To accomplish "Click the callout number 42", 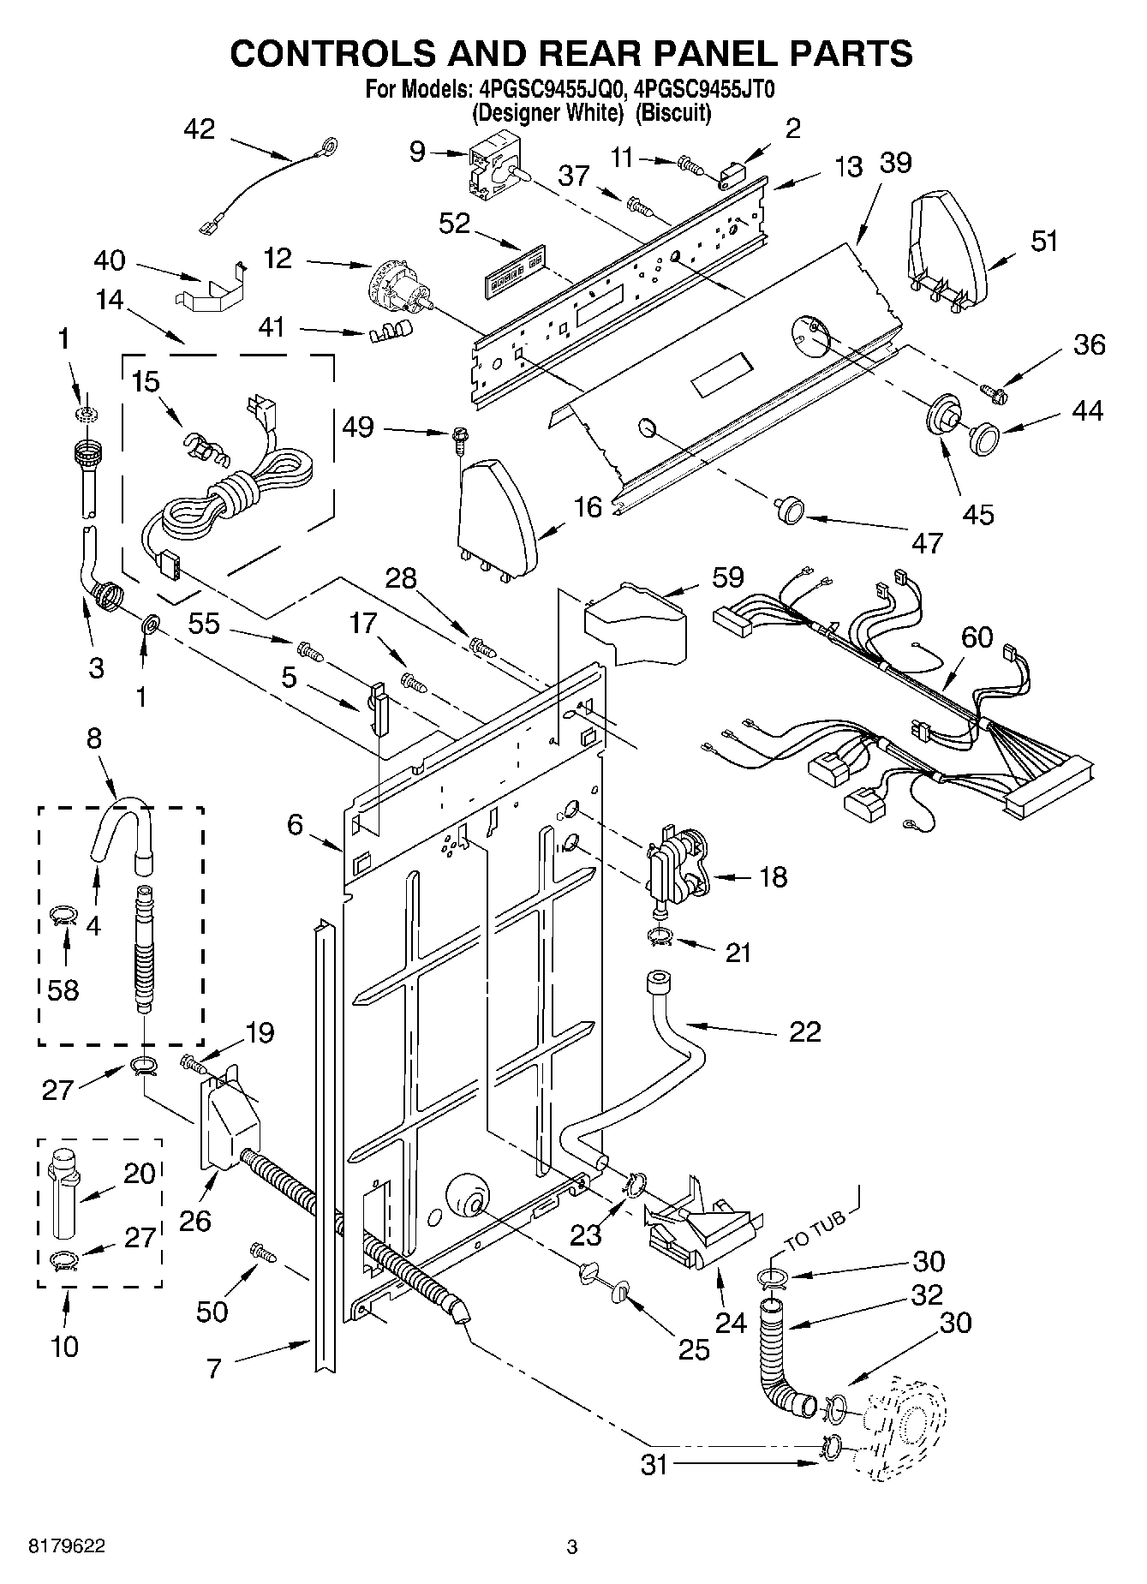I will [x=199, y=129].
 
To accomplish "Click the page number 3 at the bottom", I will [x=572, y=1547].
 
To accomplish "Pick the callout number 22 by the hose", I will [x=806, y=1031].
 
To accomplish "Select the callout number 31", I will [x=654, y=1465].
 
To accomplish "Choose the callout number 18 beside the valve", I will [x=772, y=877].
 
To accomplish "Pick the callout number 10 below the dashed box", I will [x=64, y=1346].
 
